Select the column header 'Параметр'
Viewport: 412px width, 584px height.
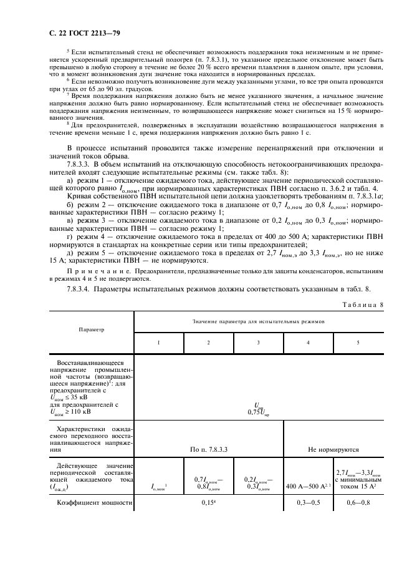tap(91, 328)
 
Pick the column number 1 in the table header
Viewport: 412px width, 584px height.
tap(158, 343)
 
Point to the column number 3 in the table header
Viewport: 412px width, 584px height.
tap(258, 343)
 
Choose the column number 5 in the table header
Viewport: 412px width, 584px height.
tap(358, 343)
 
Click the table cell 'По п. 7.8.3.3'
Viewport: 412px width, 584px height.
tap(208, 449)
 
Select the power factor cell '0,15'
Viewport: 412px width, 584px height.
tap(208, 502)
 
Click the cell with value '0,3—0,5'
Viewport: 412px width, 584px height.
tap(308, 502)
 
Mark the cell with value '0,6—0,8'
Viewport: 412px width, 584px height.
tap(358, 502)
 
